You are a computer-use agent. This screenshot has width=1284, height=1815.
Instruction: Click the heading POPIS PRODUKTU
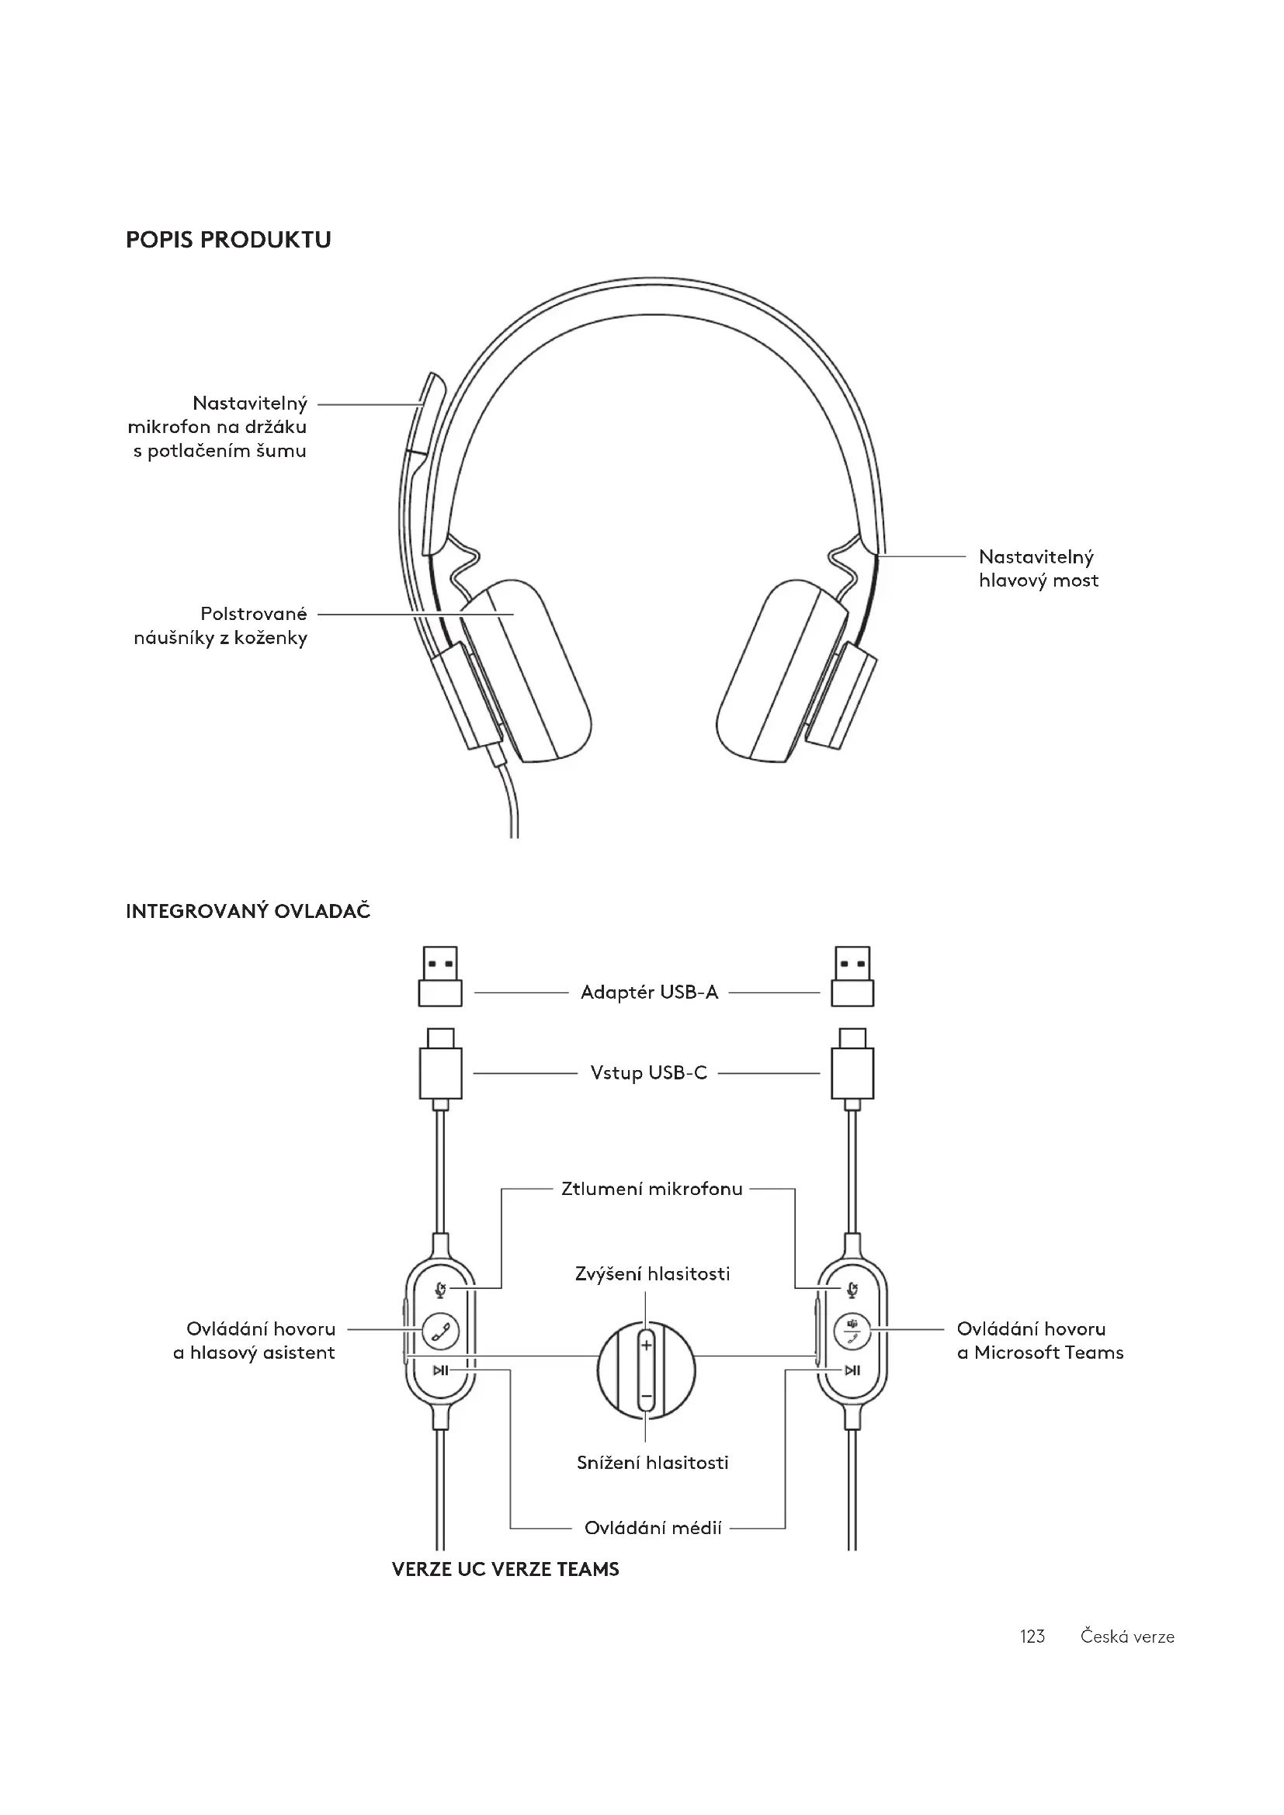(227, 240)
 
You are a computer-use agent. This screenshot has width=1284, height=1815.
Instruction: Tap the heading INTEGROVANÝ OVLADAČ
(248, 912)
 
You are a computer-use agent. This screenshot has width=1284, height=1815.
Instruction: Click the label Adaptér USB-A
(649, 992)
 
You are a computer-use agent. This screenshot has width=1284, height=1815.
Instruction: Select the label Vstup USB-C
(648, 1072)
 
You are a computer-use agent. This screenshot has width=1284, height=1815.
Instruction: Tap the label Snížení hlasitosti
(652, 1463)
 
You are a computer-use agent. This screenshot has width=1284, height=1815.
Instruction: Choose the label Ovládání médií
(652, 1528)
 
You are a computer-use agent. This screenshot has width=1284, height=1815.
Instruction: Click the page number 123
(1032, 1637)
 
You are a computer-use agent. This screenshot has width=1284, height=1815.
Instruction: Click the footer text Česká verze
(1126, 1637)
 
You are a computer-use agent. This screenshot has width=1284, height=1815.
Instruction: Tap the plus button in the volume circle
(646, 1345)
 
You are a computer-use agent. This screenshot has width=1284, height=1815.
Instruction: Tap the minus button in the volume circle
(646, 1397)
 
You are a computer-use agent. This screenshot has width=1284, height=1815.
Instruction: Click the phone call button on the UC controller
(440, 1331)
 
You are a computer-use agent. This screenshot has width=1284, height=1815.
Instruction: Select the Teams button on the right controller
(852, 1331)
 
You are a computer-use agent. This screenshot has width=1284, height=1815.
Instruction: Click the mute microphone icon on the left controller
(440, 1291)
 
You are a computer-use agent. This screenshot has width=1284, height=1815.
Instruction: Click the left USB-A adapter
(440, 977)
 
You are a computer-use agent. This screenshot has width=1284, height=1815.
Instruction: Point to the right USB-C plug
(852, 1066)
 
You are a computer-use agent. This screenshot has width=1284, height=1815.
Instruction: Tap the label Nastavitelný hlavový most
(1038, 568)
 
